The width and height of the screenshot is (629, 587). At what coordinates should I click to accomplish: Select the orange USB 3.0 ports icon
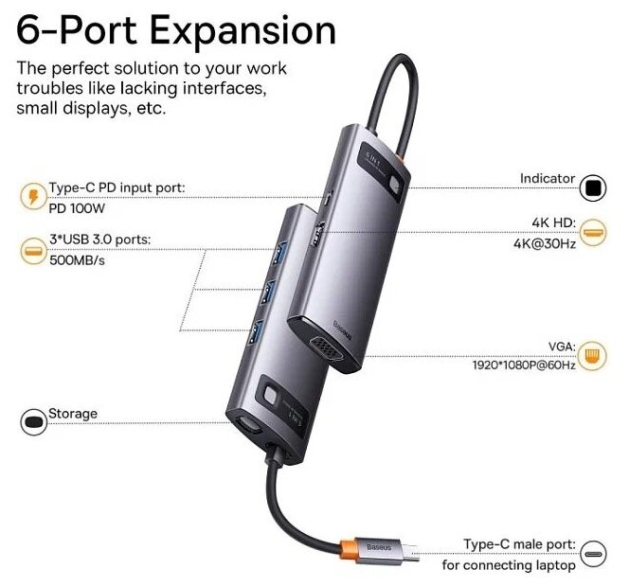tap(32, 251)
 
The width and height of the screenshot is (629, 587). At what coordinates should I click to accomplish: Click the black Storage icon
tap(32, 421)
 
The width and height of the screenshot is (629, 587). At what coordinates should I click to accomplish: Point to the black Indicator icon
tap(594, 187)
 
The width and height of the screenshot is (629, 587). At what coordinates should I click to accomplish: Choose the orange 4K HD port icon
tap(594, 232)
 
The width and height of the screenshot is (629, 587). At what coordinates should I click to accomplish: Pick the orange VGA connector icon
tap(594, 355)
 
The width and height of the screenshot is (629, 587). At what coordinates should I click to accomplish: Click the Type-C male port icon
tap(594, 554)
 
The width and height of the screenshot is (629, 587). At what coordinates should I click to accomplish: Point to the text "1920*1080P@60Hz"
tap(522, 365)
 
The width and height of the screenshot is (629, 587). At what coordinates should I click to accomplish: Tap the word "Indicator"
tap(548, 178)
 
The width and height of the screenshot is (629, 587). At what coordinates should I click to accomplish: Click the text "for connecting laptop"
tap(509, 565)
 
